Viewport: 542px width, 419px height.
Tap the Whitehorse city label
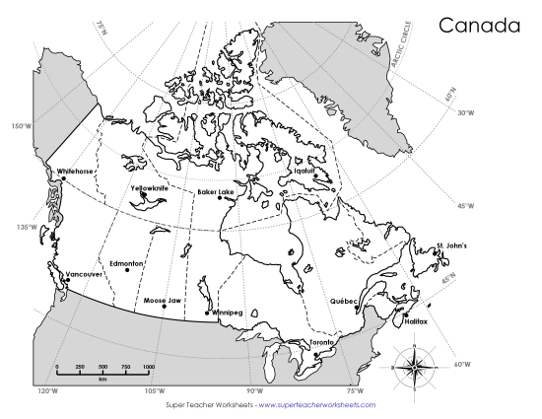[75, 171]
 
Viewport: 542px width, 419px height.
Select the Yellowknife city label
[150, 186]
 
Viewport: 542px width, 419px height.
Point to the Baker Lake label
[215, 191]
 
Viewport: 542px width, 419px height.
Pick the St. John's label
[451, 245]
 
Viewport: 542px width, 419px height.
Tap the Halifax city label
[415, 321]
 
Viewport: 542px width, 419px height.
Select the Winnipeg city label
[227, 312]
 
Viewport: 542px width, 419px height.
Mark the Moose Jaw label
[162, 299]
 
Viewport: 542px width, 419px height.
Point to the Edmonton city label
[127, 263]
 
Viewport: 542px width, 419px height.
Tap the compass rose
[414, 366]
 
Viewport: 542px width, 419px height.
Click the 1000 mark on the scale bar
[148, 367]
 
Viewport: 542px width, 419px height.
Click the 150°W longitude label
[20, 126]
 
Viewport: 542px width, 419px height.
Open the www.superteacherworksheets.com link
[316, 405]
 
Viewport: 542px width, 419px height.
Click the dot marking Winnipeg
[206, 314]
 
